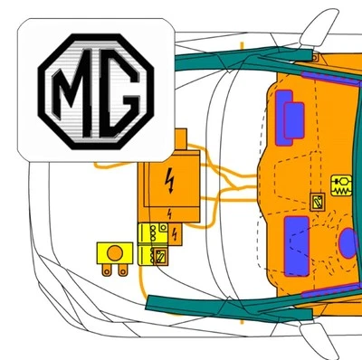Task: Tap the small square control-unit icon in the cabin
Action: point(317,202)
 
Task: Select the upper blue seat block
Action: point(293,118)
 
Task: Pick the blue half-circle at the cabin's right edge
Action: point(348,243)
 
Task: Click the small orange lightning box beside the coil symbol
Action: point(175,235)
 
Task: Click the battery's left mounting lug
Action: point(107,270)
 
